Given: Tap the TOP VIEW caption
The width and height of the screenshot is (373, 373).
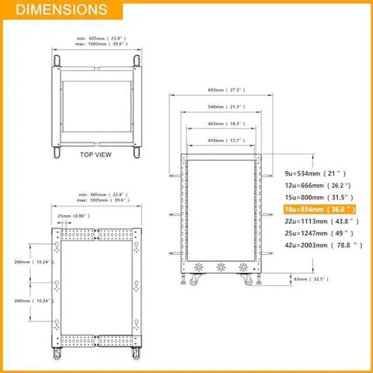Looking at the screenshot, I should point(96,155).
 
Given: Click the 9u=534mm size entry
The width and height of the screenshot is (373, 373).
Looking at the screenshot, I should point(315,173).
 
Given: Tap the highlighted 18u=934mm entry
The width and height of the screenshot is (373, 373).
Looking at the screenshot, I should point(319,209).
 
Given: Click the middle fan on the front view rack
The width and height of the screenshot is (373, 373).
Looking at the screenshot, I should point(221,268).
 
